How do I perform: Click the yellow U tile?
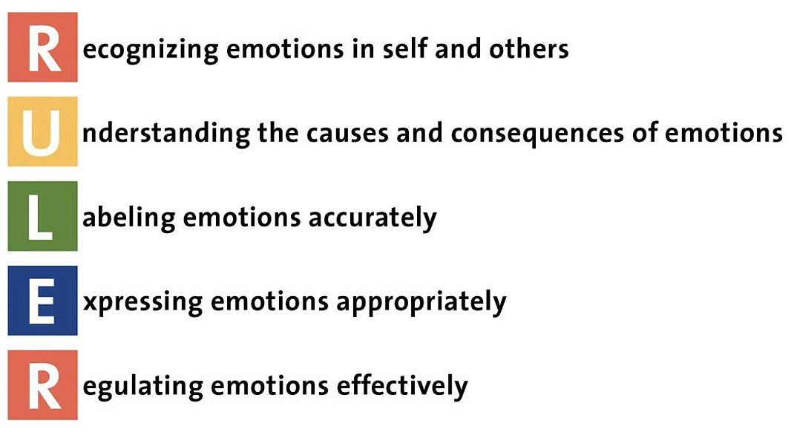pos(42,131)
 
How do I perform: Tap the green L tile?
pos(42,216)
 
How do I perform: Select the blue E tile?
pos(42,301)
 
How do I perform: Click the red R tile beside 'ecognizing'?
pos(42,47)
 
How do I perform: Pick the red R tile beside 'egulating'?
pos(42,386)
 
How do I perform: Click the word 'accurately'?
pos(383,218)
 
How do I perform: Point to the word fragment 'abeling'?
pos(129,219)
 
